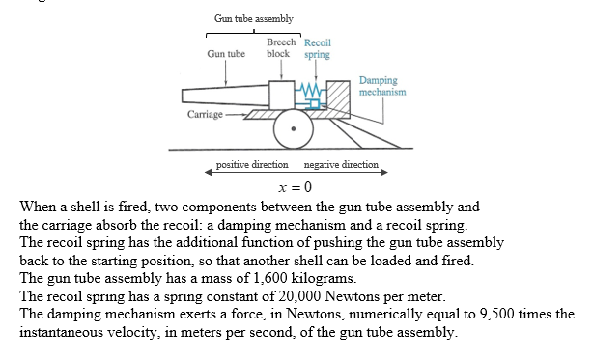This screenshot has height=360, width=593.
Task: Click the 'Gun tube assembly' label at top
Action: [x=254, y=19]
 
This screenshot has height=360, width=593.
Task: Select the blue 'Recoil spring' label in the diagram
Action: [x=317, y=48]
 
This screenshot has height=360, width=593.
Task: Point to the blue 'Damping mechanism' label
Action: [x=381, y=87]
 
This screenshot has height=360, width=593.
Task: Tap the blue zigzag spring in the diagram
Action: [x=311, y=92]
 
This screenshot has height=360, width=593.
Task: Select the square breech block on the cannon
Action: [x=283, y=95]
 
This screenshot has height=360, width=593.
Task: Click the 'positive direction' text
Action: [x=252, y=165]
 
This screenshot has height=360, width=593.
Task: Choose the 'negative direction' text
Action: [x=341, y=165]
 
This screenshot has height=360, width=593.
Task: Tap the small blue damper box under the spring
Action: [x=312, y=101]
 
